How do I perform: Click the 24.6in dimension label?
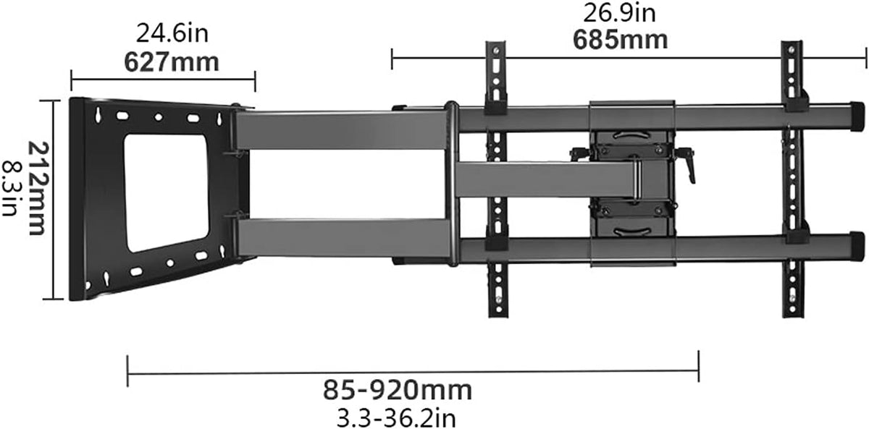click(x=172, y=34)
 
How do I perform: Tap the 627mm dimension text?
click(x=172, y=62)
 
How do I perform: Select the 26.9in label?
click(x=619, y=13)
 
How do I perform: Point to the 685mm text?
click(x=620, y=40)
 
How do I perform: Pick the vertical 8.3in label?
click(x=10, y=188)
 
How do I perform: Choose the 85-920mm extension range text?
click(x=398, y=390)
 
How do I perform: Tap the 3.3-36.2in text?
click(x=396, y=418)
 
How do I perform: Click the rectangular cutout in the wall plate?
click(x=167, y=193)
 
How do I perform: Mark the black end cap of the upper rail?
click(x=857, y=116)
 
